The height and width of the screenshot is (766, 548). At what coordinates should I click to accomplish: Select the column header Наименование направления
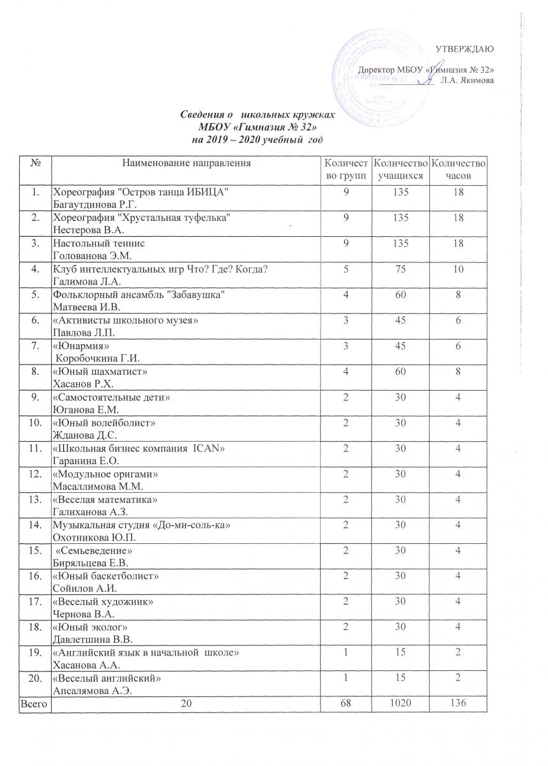186,164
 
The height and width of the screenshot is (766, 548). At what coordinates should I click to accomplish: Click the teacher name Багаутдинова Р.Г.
96,204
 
